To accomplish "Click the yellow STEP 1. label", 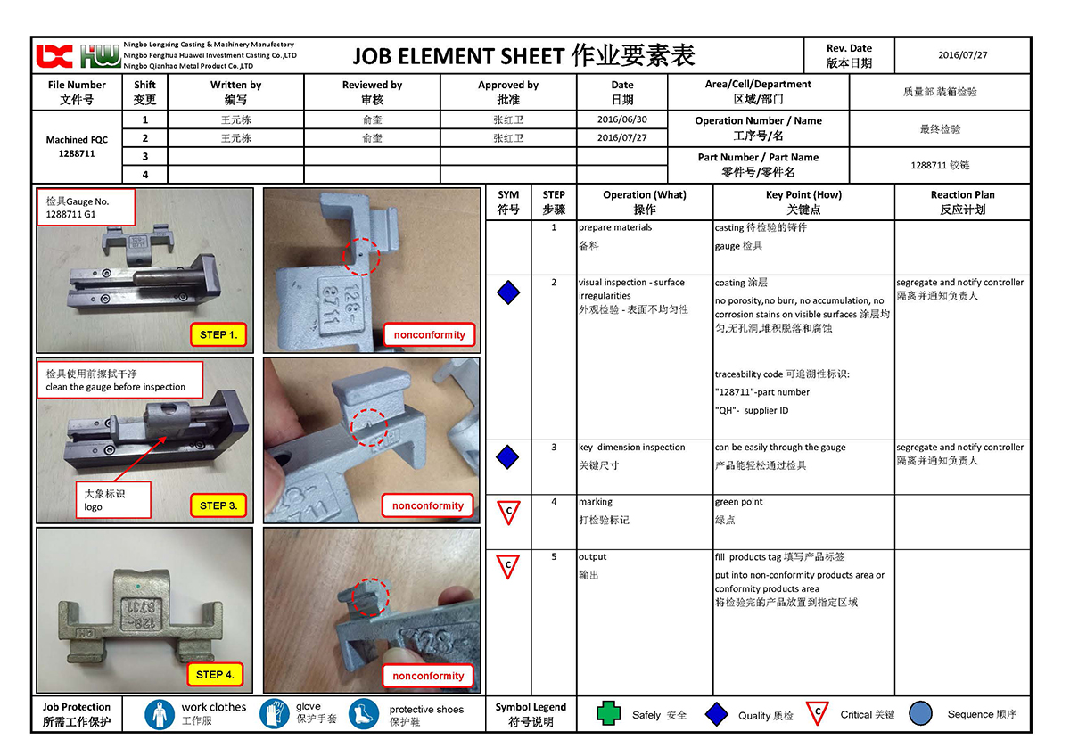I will coord(218,335).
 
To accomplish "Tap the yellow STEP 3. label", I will coord(218,505).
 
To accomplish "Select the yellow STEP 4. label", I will coord(215,675).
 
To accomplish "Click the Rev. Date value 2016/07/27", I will coord(963,55).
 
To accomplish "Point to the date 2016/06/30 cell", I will coord(621,119).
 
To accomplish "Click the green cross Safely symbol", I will coord(608,714).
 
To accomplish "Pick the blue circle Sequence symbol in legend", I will coord(921,714).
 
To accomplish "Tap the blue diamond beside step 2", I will coord(508,292).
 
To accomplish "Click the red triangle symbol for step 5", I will coord(508,565).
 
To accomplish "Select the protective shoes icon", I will coord(364,714).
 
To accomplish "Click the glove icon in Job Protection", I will coord(275,714).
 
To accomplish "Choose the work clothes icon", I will coord(160,714).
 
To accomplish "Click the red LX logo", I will coord(53,56).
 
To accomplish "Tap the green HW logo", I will coord(99,56).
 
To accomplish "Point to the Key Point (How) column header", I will coord(803,202).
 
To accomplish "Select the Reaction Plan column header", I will coord(962,202).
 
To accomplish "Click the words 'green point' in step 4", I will coord(738,503).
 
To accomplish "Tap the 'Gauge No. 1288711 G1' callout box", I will coord(86,208).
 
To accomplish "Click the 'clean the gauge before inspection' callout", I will coord(119,380).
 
